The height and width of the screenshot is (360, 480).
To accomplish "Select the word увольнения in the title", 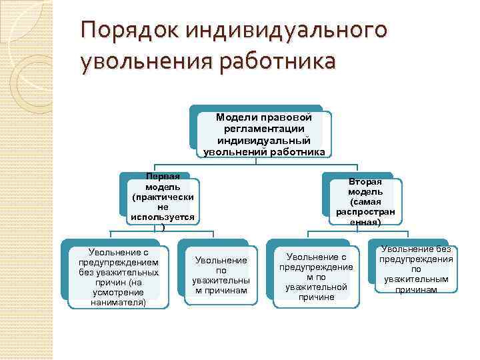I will click(143, 62).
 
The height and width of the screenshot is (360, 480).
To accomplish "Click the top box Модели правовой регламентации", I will click(261, 134).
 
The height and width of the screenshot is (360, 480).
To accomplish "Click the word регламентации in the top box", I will click(261, 128).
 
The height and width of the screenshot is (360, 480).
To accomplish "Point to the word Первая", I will click(163, 176).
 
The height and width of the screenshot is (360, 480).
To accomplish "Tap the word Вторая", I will click(365, 181).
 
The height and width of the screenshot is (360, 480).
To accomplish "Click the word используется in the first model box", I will click(163, 217).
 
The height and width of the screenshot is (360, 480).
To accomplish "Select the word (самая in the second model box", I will click(365, 201).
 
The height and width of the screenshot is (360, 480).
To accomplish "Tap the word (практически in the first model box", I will click(163, 197).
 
